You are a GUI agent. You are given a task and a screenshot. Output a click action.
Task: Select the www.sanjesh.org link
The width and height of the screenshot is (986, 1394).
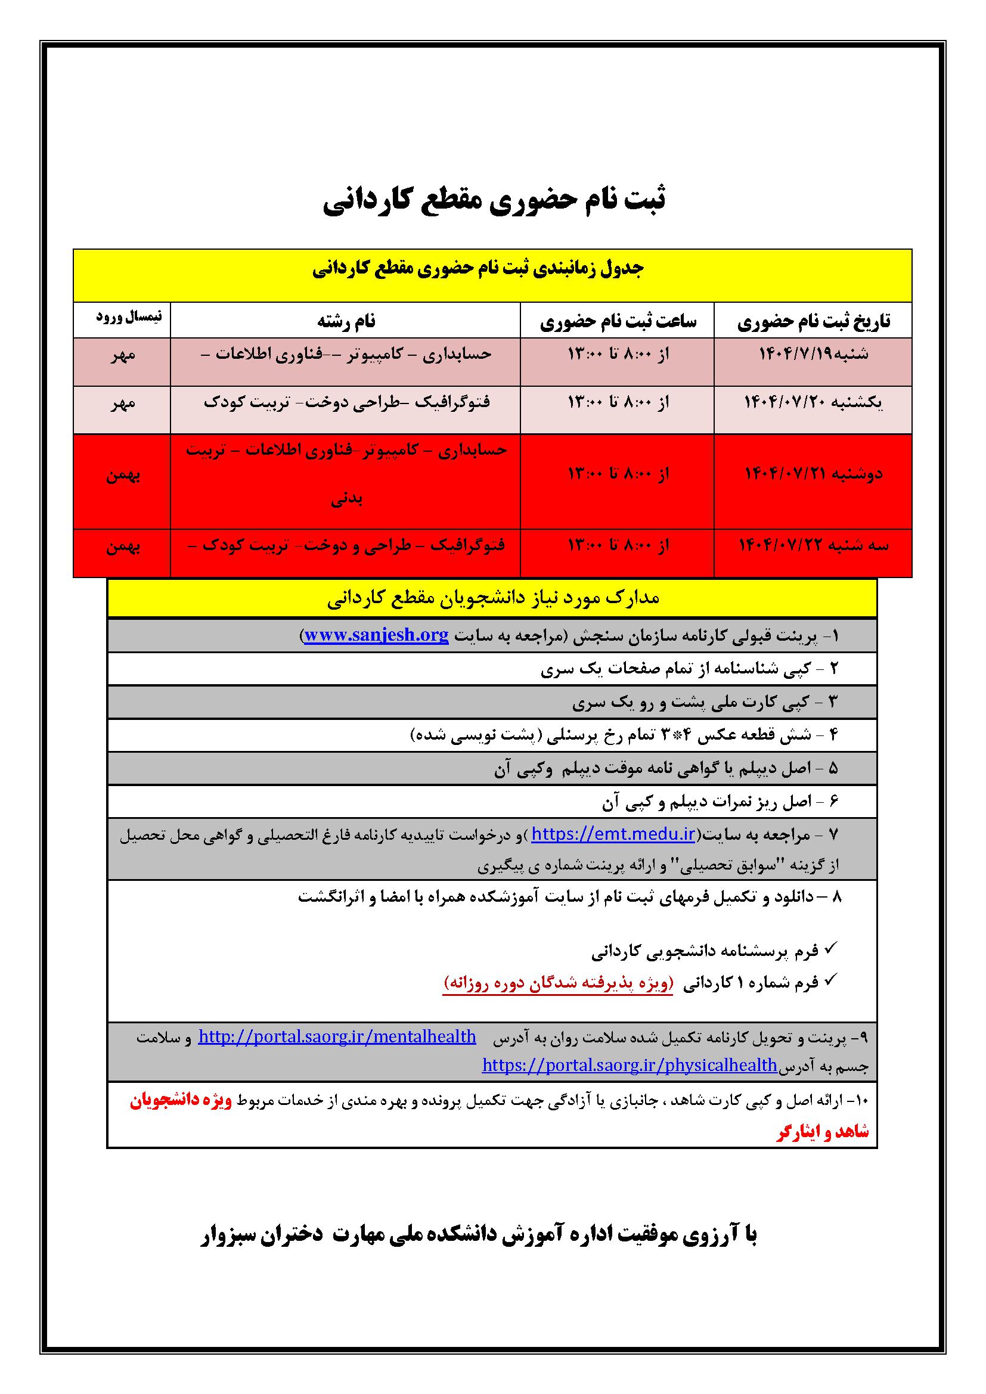tap(376, 636)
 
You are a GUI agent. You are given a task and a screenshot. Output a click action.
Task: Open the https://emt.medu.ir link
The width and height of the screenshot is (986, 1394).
tap(613, 835)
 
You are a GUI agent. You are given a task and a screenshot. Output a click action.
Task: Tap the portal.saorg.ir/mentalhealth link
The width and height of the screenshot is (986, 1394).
tap(337, 1037)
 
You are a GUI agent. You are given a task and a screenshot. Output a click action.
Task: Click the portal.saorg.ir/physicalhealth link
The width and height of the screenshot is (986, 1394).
tap(630, 1065)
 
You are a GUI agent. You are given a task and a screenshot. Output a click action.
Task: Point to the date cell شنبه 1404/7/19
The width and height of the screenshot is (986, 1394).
tap(814, 354)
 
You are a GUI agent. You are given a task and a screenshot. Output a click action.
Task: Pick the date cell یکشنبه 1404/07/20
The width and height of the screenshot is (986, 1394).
tap(814, 402)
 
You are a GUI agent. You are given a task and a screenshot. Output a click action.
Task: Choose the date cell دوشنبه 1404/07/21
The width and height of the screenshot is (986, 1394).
tap(814, 474)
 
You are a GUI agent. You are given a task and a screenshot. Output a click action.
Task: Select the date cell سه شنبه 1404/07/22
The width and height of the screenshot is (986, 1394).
tap(814, 546)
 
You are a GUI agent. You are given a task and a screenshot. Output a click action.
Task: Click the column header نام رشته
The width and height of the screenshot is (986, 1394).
tap(346, 321)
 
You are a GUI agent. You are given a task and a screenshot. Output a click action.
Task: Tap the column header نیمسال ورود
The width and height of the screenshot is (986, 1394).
tap(129, 317)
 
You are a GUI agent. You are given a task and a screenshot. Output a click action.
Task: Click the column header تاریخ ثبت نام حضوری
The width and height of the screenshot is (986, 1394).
tap(814, 321)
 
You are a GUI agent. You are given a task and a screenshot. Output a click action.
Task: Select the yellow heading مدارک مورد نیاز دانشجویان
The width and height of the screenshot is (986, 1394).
tap(492, 598)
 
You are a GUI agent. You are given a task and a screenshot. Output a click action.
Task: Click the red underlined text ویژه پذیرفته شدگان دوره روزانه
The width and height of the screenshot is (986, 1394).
tap(558, 982)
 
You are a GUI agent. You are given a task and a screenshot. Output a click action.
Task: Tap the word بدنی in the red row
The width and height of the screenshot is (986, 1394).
tap(347, 499)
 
